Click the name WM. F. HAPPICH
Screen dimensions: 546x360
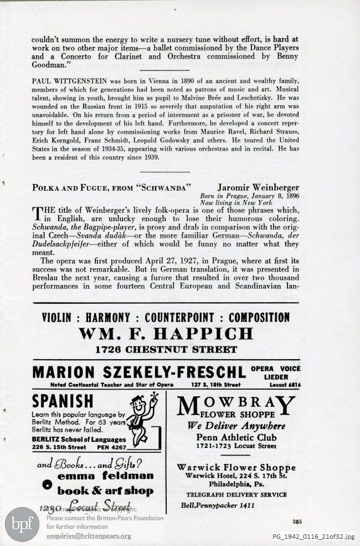[x=166, y=334]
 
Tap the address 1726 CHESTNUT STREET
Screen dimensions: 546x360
[x=166, y=350]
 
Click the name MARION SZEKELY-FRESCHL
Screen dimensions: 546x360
[x=138, y=372]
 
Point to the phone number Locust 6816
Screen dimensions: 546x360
[x=286, y=384]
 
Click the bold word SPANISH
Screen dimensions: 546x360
[x=63, y=401]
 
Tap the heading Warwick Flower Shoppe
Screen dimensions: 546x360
[x=236, y=467]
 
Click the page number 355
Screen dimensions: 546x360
[x=296, y=521]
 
